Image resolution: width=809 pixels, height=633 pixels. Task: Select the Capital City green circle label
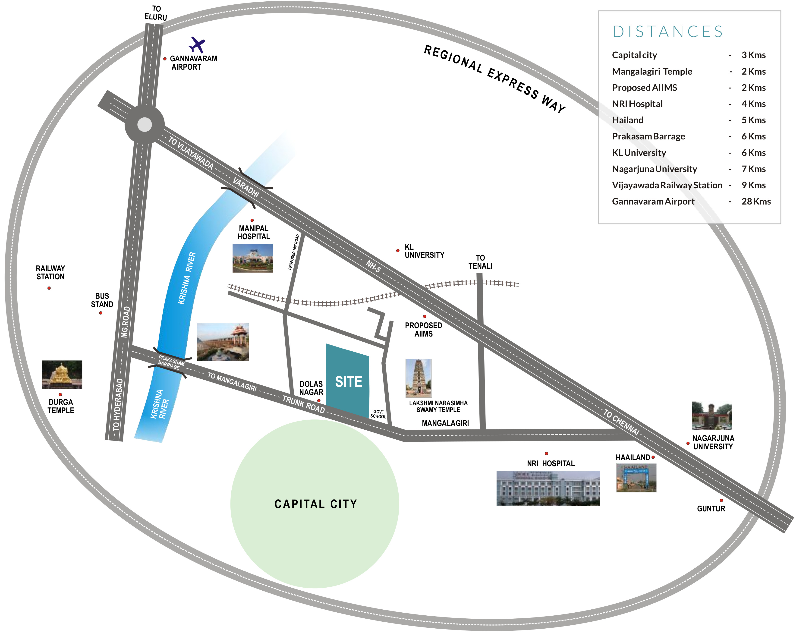[316, 504]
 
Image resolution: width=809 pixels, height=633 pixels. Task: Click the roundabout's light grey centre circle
[145, 125]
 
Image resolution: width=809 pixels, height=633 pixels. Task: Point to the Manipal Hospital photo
[253, 258]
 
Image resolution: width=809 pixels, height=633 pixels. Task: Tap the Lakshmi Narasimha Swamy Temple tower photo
[419, 378]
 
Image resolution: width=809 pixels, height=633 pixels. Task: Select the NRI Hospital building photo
[548, 488]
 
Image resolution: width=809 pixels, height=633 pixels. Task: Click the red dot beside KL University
[398, 251]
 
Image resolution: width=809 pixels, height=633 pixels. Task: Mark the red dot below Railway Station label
[49, 288]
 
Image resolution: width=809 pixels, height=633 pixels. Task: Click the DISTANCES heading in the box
[668, 31]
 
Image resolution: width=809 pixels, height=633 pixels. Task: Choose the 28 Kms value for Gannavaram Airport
[756, 201]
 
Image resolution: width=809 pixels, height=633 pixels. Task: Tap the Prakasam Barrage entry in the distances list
[648, 136]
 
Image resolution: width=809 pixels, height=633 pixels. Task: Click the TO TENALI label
[480, 262]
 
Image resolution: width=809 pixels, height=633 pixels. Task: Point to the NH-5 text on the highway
[373, 266]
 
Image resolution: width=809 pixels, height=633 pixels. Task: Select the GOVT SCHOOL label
[378, 414]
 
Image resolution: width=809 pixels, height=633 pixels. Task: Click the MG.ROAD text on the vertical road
[126, 322]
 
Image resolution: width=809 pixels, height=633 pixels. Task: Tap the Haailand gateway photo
[636, 478]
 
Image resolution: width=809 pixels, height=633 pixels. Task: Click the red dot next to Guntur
[721, 500]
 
